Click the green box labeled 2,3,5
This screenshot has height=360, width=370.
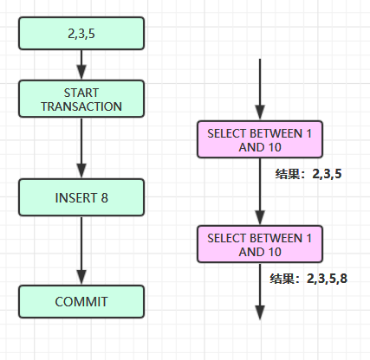81,34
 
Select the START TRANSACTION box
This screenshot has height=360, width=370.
81,99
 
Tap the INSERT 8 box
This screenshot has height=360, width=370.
81,197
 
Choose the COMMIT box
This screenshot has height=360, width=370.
81,302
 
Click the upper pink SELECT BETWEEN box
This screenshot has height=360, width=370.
260,139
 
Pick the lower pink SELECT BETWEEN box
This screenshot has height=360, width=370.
260,244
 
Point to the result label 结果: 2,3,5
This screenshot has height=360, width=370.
308,174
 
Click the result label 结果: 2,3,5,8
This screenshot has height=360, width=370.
308,279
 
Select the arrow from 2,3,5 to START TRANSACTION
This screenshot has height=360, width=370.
81,65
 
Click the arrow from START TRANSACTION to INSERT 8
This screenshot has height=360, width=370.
81,148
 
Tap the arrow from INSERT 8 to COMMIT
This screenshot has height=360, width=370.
81,250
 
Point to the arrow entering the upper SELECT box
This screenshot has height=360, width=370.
260,89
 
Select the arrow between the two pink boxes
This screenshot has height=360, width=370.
260,192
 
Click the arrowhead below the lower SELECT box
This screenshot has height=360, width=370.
260,312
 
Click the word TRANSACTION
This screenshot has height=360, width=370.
81,106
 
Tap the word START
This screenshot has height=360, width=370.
81,93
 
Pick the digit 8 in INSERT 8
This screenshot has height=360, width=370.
104,198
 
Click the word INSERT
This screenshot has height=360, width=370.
75,198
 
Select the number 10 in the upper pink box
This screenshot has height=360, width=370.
275,147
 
